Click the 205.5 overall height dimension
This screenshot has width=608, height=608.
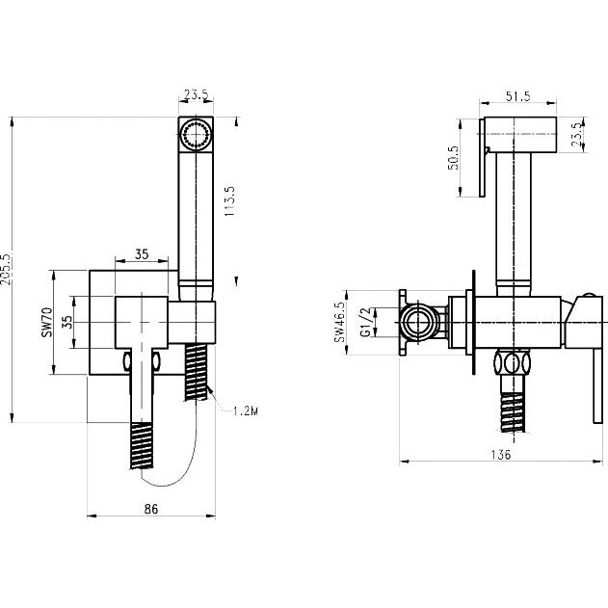[x=6, y=269]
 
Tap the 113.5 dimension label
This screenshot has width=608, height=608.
[x=229, y=200]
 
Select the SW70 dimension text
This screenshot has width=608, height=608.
[x=47, y=322]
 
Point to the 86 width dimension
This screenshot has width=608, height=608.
[x=151, y=509]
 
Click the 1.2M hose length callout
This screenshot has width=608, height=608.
[x=246, y=410]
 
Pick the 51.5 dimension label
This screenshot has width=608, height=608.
[x=517, y=96]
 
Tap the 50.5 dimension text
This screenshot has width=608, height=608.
[x=453, y=158]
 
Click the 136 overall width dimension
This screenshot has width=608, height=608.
[x=501, y=455]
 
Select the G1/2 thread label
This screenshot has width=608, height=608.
[x=366, y=322]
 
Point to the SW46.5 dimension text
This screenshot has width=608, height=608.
[x=339, y=322]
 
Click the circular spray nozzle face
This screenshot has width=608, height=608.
[x=196, y=135]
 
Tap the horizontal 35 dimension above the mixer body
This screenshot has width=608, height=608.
[x=142, y=254]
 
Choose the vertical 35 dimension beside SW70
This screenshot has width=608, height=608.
[x=67, y=322]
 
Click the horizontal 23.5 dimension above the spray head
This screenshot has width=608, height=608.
[x=197, y=94]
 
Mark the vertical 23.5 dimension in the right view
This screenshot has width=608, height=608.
[x=577, y=134]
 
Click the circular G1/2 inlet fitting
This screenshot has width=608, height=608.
[x=417, y=322]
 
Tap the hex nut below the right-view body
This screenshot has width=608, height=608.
[x=513, y=363]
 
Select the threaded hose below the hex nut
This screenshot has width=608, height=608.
[x=513, y=412]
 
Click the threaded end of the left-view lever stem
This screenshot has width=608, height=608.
[x=142, y=445]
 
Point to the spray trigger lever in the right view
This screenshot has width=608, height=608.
[x=482, y=157]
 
